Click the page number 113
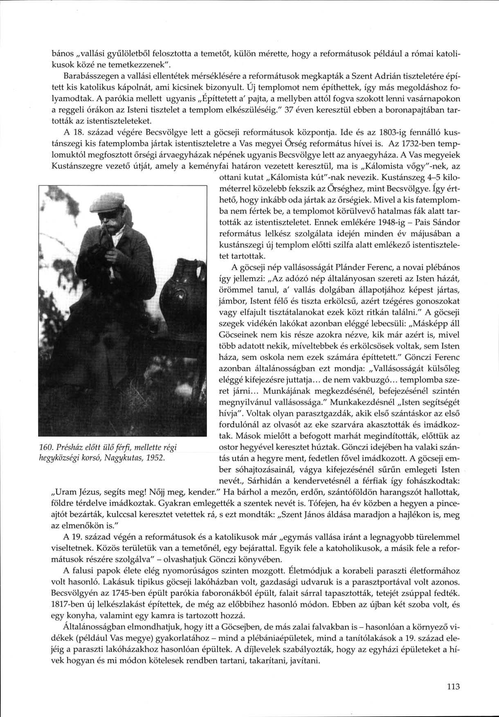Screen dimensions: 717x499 pos(454,687)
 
